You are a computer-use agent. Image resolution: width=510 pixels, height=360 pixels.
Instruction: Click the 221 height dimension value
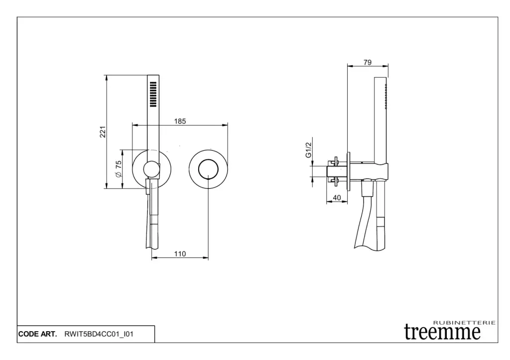tap(103, 132)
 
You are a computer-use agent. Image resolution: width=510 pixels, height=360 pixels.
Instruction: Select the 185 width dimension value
tap(180, 121)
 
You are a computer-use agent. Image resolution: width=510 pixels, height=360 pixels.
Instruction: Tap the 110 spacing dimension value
tap(180, 253)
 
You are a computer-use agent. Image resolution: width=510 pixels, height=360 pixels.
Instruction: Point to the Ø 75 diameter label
tap(119, 168)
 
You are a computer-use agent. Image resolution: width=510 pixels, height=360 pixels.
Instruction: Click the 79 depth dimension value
tap(368, 62)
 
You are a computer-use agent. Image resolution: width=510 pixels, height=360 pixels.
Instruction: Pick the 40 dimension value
tap(337, 197)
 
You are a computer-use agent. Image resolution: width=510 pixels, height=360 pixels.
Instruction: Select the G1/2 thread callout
tap(308, 150)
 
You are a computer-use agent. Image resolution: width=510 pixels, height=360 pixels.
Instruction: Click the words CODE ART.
tap(37, 334)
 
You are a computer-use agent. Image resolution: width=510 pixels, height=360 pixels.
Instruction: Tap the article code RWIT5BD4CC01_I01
tap(99, 334)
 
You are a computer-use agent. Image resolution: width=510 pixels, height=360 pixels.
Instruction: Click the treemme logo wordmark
tap(442, 332)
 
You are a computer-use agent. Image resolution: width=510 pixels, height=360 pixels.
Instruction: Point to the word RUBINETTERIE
tap(465, 323)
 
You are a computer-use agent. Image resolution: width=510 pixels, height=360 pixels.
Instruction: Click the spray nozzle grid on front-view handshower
tap(153, 94)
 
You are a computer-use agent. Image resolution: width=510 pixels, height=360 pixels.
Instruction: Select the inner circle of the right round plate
tap(208, 169)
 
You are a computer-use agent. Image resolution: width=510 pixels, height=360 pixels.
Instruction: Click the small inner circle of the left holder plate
tap(151, 169)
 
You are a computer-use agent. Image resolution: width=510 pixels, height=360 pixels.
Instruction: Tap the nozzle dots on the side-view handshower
tap(386, 96)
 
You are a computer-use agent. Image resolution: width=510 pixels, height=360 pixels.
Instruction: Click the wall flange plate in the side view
tap(349, 171)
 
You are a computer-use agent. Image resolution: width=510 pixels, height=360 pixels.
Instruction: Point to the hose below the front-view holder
tap(152, 215)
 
